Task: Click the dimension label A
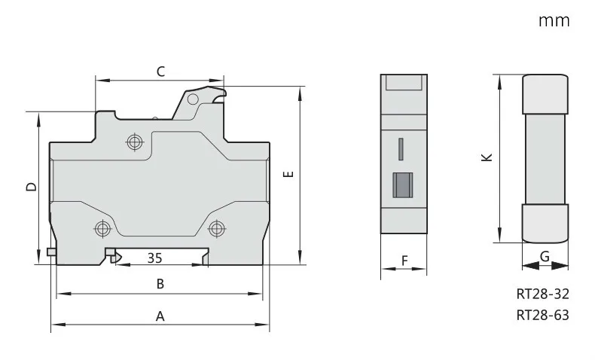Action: [160, 316]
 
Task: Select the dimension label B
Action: [160, 284]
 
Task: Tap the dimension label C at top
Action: [161, 72]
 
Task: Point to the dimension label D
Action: [32, 187]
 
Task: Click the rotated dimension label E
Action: [288, 174]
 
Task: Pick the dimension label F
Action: [404, 261]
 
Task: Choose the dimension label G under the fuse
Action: [545, 257]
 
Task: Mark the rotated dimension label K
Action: [487, 157]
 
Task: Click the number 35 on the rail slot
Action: [155, 258]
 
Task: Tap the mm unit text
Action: [554, 20]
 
